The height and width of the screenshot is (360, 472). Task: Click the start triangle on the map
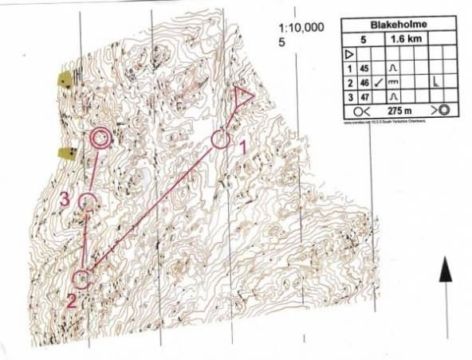[x=242, y=96]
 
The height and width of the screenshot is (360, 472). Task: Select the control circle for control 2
[x=81, y=279]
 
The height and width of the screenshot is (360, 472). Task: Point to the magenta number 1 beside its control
[x=242, y=147]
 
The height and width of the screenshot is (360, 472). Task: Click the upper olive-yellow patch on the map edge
[x=64, y=79]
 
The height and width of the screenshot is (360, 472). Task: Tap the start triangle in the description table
[x=349, y=54]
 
